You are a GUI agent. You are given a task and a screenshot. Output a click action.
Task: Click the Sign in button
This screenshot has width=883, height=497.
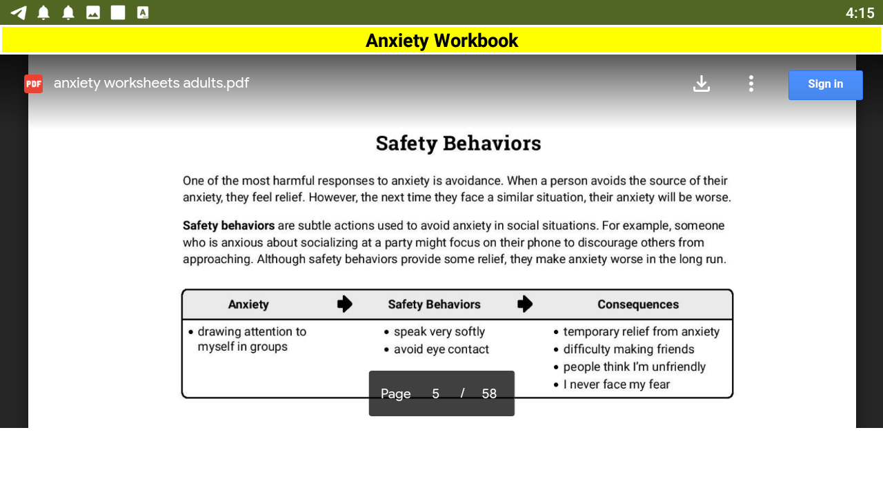click(825, 85)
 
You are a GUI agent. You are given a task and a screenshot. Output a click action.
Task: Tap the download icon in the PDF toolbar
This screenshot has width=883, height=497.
click(702, 84)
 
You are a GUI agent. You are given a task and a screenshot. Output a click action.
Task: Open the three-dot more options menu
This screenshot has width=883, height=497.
click(751, 84)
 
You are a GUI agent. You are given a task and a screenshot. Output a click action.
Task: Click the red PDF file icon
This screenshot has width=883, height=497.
click(33, 84)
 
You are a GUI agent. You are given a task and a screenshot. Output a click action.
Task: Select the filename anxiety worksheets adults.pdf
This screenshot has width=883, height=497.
click(151, 84)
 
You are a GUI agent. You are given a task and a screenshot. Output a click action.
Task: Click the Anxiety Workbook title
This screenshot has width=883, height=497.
click(441, 41)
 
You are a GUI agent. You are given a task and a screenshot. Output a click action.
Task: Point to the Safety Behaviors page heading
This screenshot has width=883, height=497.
click(458, 144)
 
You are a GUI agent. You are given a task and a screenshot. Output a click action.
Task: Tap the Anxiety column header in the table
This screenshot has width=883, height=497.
click(248, 304)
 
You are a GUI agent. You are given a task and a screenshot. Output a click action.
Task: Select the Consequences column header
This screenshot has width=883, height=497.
click(637, 304)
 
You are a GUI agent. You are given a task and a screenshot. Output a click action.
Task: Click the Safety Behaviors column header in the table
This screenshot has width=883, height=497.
click(434, 304)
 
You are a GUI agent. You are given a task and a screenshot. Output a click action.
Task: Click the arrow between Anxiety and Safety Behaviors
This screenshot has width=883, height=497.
click(345, 304)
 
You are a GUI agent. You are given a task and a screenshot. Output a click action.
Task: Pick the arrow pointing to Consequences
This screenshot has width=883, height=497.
click(525, 304)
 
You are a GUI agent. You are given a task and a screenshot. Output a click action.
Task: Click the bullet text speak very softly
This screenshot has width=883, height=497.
click(439, 332)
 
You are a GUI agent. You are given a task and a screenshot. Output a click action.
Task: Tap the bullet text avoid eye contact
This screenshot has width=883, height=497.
click(441, 349)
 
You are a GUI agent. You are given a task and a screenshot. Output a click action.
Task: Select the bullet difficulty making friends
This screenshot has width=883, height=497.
click(628, 349)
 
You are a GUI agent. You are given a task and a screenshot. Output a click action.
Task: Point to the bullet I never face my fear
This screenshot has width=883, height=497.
click(616, 384)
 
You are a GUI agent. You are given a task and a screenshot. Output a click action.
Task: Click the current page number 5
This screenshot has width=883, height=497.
click(435, 393)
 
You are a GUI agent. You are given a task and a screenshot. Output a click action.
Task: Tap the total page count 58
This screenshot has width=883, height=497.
click(489, 393)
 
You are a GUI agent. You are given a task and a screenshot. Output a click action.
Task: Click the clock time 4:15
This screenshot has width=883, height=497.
click(860, 13)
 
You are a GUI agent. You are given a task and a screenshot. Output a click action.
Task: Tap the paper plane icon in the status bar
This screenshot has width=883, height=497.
click(19, 12)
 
